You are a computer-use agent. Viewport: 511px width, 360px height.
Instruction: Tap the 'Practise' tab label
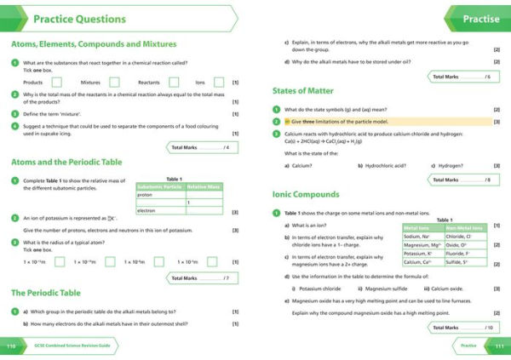pyautogui.click(x=480, y=18)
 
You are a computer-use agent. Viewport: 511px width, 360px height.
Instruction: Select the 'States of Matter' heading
pyautogui.click(x=303, y=91)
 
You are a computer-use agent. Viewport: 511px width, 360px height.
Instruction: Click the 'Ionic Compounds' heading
pyautogui.click(x=306, y=194)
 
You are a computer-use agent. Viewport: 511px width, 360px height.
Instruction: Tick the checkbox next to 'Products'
pyautogui.click(x=56, y=83)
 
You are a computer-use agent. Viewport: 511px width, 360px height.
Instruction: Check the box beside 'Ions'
pyautogui.click(x=219, y=83)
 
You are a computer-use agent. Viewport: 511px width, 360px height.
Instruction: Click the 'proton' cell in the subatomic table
pyautogui.click(x=160, y=194)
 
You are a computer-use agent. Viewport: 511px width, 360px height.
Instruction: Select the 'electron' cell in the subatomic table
pyautogui.click(x=160, y=210)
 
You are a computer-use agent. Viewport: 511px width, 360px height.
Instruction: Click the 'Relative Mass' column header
pyautogui.click(x=204, y=186)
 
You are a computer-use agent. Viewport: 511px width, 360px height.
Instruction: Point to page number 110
pyautogui.click(x=11, y=346)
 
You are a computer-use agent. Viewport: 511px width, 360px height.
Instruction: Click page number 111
pyautogui.click(x=499, y=346)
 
